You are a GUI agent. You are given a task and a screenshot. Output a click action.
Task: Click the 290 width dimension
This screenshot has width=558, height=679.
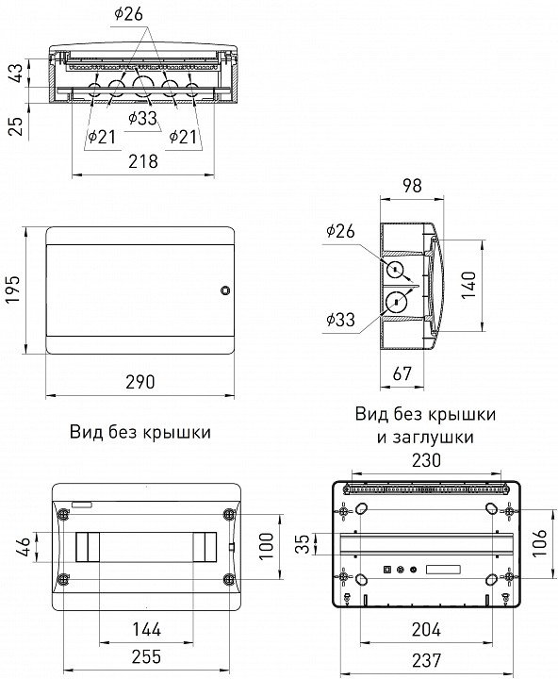point(140,383)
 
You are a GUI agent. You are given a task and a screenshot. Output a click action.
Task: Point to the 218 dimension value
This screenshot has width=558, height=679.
point(142,161)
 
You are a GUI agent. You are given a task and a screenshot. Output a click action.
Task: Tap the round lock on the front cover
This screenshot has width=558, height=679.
point(224,290)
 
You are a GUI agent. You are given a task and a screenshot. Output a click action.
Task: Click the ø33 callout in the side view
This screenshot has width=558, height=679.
point(340,321)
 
